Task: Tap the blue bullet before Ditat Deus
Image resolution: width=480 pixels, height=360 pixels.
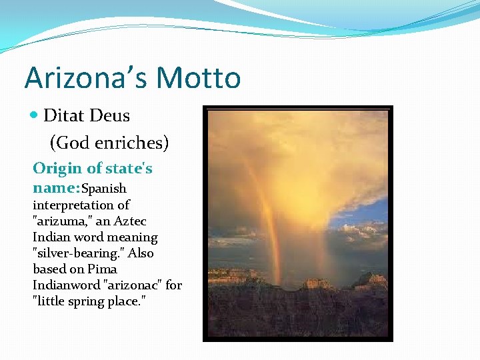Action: point(35,115)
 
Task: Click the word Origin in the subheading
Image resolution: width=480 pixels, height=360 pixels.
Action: point(57,168)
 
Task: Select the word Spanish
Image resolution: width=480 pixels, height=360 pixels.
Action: point(103,189)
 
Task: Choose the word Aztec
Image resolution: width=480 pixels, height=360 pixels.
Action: point(130,221)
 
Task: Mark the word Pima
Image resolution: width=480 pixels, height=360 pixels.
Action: point(102,269)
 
